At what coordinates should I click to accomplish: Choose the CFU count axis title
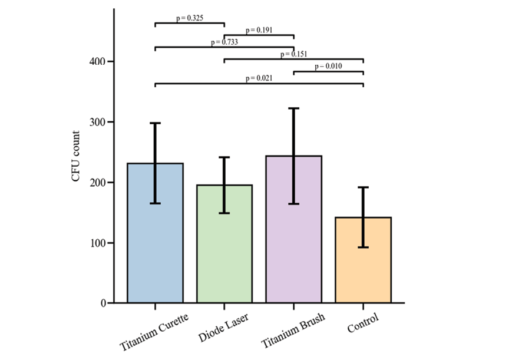tap(77, 157)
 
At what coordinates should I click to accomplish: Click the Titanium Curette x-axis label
tap(155, 329)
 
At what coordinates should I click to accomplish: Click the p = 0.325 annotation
tap(190, 18)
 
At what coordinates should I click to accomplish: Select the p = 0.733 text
tap(224, 42)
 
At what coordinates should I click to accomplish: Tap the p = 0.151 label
tap(294, 54)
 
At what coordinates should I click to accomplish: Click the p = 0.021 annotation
tap(259, 78)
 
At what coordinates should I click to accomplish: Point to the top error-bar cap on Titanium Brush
tap(293, 108)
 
